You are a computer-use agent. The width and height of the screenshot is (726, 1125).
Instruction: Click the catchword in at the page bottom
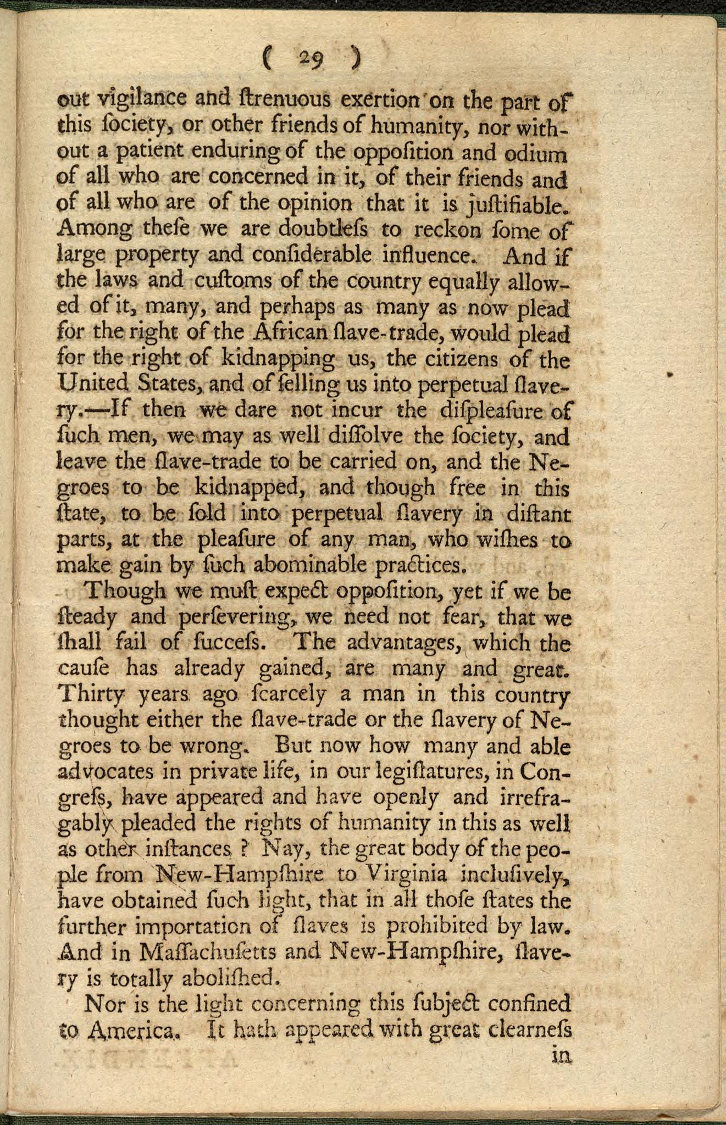561,1055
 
